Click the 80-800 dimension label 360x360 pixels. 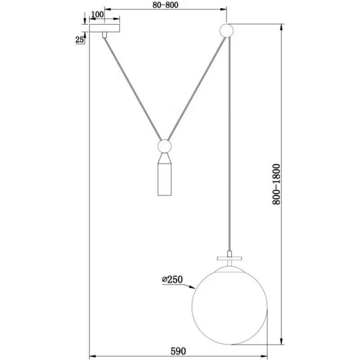pos(165,5)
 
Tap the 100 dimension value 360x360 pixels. pos(97,14)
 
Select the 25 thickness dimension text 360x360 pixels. pos(80,40)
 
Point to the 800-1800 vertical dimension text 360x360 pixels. pos(276,184)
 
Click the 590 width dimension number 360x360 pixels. pos(178,351)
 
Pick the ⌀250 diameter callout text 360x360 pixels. pos(172,279)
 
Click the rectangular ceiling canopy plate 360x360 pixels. pos(104,28)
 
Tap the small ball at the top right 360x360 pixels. pos(227,31)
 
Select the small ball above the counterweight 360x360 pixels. pos(165,146)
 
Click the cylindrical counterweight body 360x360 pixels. pos(165,180)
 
